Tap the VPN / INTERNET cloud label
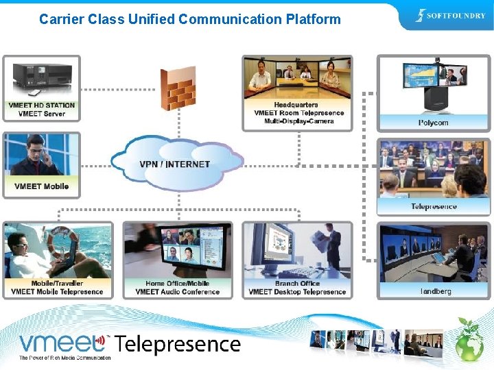175,164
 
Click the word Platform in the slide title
313,19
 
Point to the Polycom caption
433,123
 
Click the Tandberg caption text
436,292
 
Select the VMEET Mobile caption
41,186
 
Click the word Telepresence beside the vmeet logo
177,344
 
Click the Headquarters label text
296,105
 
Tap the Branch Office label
296,284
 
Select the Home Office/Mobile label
177,284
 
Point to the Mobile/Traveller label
57,284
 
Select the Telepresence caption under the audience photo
434,207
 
